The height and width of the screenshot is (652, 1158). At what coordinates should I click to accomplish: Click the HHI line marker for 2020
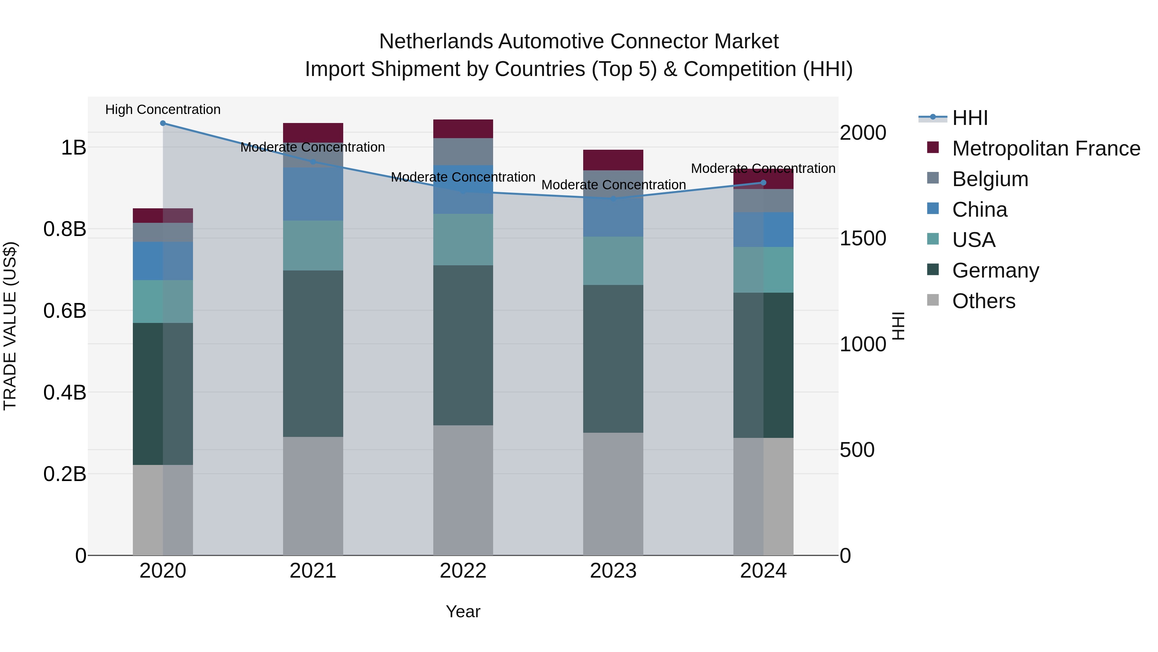[x=163, y=123]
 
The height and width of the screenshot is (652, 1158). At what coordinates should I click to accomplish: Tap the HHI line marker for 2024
[x=763, y=183]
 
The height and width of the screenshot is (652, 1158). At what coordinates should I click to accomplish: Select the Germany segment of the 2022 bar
[x=463, y=345]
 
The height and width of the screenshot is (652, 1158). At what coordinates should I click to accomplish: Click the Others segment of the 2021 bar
[x=313, y=496]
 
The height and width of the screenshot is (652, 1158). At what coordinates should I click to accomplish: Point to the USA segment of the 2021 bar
[x=313, y=245]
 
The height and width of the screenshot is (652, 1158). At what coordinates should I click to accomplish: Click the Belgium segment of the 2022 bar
[x=463, y=152]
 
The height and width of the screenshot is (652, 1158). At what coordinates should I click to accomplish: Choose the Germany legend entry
[x=995, y=270]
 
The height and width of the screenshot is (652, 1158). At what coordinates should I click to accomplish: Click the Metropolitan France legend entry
[x=1046, y=148]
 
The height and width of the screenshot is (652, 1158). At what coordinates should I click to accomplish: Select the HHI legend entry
[x=970, y=118]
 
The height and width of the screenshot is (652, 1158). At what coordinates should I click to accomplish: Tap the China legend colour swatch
[x=933, y=209]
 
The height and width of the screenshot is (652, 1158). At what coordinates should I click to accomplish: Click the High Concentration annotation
[x=163, y=109]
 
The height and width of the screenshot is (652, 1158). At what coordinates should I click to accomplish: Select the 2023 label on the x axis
[x=613, y=571]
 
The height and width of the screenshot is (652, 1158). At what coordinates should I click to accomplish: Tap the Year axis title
[x=463, y=611]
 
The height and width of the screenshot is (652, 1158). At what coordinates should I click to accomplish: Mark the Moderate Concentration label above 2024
[x=763, y=168]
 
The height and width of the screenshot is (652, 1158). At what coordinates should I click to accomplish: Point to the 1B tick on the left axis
[x=73, y=147]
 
